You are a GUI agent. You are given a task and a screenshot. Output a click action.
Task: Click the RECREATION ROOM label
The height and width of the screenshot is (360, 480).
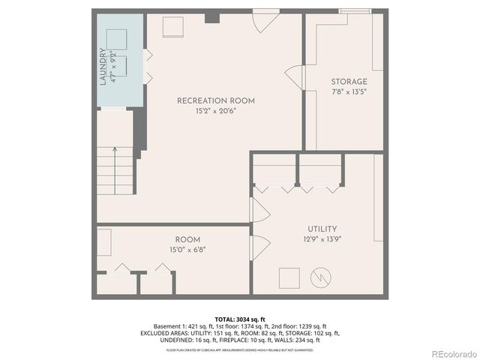pos(216,100)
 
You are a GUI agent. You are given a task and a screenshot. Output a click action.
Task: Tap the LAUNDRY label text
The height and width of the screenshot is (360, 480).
pos(103,66)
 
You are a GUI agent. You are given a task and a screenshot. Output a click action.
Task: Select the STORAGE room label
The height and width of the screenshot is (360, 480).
pos(349,82)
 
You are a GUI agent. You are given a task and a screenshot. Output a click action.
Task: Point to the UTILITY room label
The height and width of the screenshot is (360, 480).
pos(322,229)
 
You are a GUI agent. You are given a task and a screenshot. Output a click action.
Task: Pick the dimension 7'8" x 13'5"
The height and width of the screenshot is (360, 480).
pos(349,91)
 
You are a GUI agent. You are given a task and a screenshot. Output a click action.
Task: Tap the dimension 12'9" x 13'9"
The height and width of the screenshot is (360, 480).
pos(322,239)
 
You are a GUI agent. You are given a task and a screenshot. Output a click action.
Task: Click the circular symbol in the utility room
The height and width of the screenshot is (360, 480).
pos(320,277)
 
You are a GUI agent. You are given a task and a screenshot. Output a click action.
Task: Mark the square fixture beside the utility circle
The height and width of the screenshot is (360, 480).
pos(289,277)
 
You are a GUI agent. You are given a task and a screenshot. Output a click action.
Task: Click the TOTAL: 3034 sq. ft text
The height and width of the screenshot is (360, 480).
pos(241,319)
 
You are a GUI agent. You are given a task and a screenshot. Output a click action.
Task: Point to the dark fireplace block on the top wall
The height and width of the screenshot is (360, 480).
pos(212,16)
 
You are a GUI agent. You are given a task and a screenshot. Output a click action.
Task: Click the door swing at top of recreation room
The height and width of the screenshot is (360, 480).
pos(262,21)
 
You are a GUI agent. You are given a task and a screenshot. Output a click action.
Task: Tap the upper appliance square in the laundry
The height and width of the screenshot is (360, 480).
pos(115,38)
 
